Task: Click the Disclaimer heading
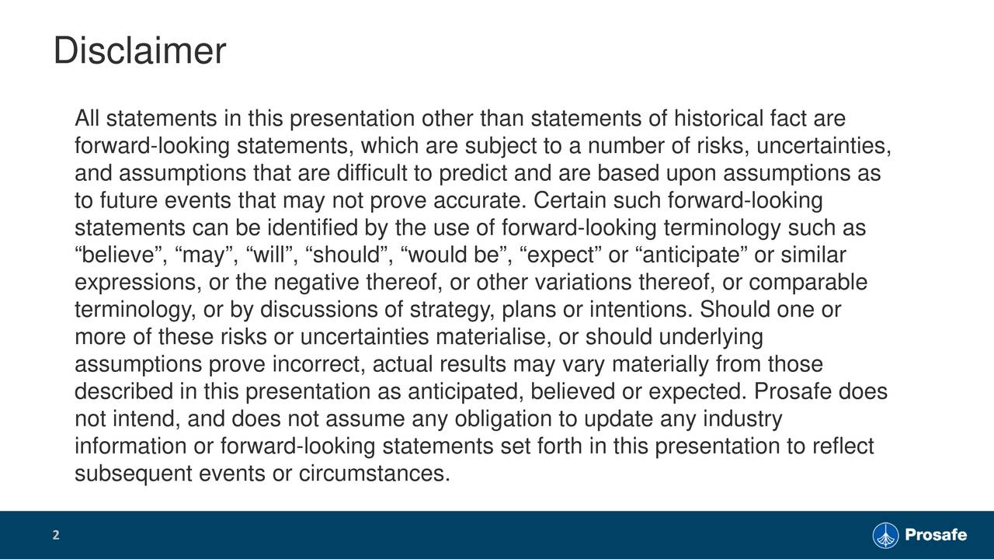click(x=140, y=53)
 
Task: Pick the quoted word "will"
click(x=269, y=255)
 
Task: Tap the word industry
click(x=742, y=418)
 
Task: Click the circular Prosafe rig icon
click(x=885, y=535)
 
